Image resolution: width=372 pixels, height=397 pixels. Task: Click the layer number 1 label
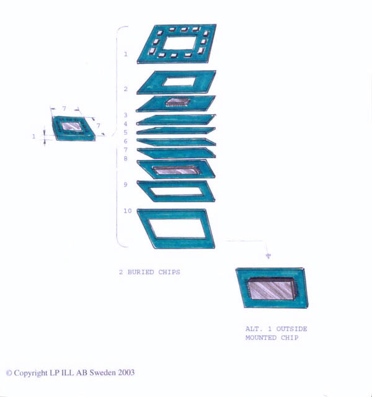click(125, 54)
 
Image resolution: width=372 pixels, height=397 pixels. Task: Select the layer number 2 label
click(126, 89)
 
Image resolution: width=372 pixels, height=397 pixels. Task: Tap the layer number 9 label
click(125, 184)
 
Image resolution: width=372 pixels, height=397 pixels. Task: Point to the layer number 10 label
click(128, 211)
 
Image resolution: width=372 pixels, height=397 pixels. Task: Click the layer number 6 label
click(125, 141)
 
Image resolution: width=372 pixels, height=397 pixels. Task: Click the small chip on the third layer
click(178, 102)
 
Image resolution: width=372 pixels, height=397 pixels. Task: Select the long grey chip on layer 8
click(177, 170)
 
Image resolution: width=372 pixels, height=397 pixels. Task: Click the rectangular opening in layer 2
click(179, 82)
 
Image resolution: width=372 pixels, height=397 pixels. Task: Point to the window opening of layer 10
click(177, 229)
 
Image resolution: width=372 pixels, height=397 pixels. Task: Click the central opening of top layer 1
click(180, 43)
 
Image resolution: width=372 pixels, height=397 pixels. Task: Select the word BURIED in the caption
click(141, 272)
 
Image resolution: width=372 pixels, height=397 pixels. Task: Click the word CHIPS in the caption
click(169, 272)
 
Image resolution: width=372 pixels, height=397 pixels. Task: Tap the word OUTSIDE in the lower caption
click(291, 329)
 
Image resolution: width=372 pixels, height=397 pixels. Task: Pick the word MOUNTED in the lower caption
click(261, 337)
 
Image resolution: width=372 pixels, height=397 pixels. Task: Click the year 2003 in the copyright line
click(126, 372)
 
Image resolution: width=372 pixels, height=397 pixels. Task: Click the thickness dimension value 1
click(33, 136)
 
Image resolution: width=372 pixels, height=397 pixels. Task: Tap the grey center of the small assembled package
click(72, 126)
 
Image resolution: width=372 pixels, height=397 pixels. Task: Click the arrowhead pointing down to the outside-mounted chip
click(268, 256)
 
